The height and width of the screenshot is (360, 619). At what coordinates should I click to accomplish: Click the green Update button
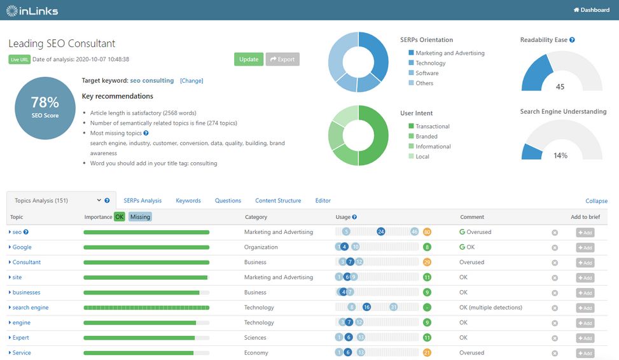248,59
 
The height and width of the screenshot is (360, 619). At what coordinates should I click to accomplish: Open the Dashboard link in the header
592,10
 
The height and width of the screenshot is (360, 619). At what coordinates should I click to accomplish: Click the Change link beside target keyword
191,81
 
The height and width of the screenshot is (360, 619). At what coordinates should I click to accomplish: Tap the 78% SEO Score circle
45,107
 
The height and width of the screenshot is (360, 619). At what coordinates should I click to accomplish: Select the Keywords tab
188,200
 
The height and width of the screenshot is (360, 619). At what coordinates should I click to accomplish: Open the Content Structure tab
278,200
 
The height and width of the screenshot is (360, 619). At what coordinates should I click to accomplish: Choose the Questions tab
228,200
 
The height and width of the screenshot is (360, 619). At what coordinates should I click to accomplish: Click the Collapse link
596,201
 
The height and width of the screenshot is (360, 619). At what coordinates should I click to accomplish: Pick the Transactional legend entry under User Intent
432,126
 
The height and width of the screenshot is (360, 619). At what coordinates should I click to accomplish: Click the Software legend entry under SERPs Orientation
427,73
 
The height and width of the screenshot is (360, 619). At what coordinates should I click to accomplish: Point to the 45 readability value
560,87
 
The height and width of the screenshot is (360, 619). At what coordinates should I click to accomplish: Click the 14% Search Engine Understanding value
560,155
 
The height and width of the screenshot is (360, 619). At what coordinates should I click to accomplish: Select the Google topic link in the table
22,247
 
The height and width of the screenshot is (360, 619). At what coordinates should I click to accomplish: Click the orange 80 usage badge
427,232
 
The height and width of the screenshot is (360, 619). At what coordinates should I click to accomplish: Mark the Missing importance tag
140,217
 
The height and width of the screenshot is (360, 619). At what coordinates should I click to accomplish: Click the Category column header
256,217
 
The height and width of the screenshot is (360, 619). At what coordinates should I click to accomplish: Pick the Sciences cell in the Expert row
255,338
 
